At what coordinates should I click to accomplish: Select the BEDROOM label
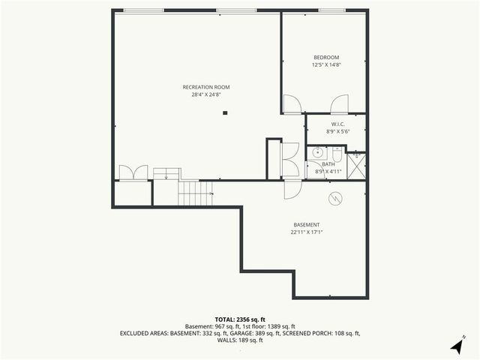coord(326,58)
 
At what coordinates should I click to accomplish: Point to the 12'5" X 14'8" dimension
coord(326,65)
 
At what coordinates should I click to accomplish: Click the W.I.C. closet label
coord(337,124)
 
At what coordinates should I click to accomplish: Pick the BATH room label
coord(328,164)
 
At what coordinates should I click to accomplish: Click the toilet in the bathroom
coord(338,155)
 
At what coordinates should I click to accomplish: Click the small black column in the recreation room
coord(224,113)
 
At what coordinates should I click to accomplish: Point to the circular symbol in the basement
coord(336,199)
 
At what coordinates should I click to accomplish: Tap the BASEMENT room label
coord(306,225)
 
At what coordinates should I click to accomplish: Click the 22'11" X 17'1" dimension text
coord(306,232)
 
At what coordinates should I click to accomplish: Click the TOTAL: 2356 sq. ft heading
coord(240,319)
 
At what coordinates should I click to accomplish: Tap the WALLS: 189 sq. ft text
coord(240,340)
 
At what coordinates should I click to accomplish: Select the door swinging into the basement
coord(291,188)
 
